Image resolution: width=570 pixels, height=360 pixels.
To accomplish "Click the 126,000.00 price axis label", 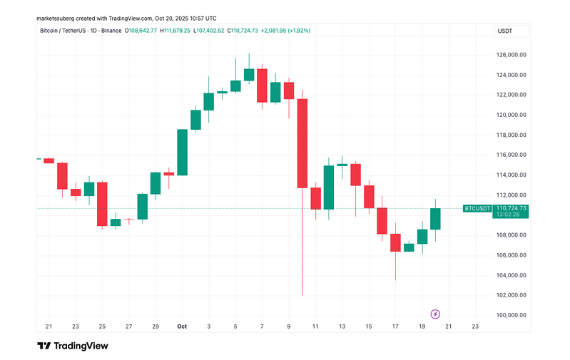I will (512, 54).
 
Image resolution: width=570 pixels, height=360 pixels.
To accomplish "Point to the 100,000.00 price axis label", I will (512, 315).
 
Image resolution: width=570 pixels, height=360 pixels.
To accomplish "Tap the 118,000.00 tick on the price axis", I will (512, 135).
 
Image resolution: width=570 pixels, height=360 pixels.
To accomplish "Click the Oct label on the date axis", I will (183, 326).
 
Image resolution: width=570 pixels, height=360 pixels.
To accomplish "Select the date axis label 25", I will (102, 326).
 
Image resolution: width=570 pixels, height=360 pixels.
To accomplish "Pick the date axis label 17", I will (395, 326).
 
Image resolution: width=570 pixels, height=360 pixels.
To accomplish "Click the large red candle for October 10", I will (302, 143).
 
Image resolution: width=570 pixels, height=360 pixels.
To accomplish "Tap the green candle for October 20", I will (435, 219).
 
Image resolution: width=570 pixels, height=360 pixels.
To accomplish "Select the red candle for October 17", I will (395, 242).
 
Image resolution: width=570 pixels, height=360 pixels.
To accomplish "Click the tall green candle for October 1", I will (183, 152).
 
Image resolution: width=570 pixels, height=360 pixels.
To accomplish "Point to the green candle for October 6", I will (249, 74).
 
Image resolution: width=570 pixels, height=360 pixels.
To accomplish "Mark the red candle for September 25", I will (102, 204).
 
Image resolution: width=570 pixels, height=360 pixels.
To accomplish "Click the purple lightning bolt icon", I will (436, 314).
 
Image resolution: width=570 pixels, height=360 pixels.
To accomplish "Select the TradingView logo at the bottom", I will (73, 346).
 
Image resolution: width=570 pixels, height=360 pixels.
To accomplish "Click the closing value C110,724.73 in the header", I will (238, 31).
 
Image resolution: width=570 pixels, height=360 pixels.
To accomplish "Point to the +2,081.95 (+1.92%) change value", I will (285, 31).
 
